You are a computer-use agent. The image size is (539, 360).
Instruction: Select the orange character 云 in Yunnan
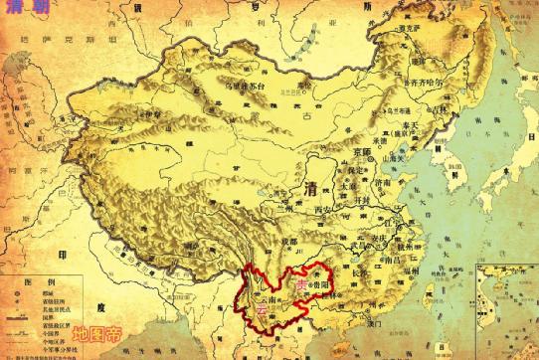click(262, 311)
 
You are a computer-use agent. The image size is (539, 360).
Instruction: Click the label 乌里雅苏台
click(243, 88)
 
